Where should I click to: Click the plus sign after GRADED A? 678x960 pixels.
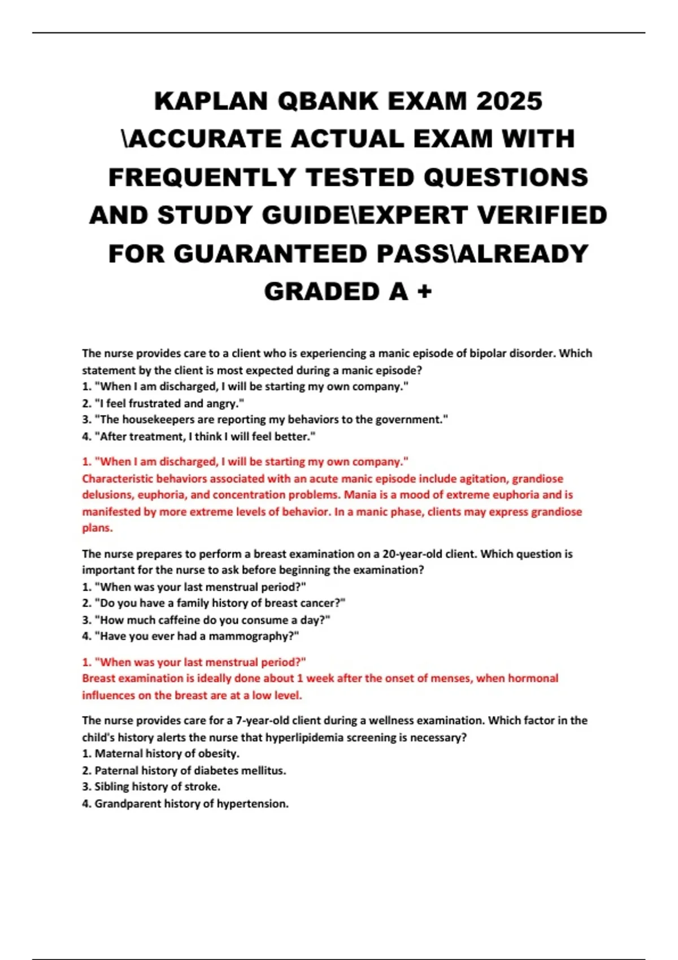click(x=424, y=292)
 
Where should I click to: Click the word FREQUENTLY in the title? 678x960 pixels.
click(x=202, y=177)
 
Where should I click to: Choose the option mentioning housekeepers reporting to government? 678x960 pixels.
click(x=265, y=420)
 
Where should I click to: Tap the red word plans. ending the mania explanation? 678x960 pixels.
click(x=97, y=528)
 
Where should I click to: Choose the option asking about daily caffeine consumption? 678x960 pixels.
click(x=206, y=620)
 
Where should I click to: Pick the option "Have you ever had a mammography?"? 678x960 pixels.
click(x=190, y=636)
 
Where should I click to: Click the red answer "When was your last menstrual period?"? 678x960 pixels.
click(x=194, y=662)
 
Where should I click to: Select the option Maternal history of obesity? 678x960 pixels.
click(x=161, y=753)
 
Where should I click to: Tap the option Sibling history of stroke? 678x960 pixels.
click(x=151, y=787)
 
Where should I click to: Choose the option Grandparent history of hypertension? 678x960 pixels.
click(x=185, y=804)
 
